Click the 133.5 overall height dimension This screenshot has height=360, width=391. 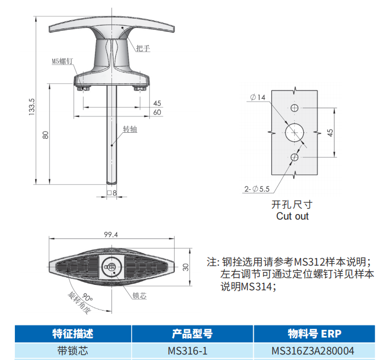point(32,106)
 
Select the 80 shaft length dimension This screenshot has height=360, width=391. point(46,135)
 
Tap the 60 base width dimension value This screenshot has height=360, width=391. point(157,113)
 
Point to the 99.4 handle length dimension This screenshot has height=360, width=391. point(111,235)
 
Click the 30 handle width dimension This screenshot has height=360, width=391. point(186,267)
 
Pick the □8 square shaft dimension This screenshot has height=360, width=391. point(111,193)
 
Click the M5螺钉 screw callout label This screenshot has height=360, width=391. point(63,61)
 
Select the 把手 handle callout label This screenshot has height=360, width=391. point(143,48)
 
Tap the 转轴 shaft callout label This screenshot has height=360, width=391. point(130,130)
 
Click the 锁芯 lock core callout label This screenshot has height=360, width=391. point(139,296)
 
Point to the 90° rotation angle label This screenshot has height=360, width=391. point(87,297)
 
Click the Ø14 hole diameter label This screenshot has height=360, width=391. point(258,97)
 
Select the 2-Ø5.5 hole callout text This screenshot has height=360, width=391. point(257,189)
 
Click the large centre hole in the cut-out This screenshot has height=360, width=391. point(294,133)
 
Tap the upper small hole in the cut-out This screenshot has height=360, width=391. point(294,108)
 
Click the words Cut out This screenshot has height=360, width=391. point(292,216)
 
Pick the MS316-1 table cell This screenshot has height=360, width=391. point(187,351)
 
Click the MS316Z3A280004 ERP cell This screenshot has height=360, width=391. point(312,351)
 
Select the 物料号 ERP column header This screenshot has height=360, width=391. point(315,334)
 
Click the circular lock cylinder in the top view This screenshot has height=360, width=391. point(111,267)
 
